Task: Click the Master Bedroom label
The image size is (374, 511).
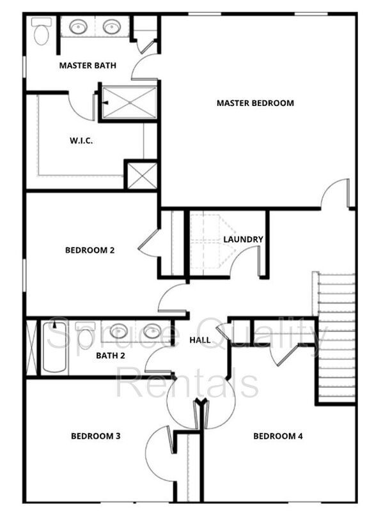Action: (x=255, y=103)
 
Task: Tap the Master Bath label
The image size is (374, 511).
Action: (x=88, y=66)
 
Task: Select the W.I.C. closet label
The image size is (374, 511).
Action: (x=81, y=141)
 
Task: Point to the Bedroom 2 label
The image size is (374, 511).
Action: (x=90, y=250)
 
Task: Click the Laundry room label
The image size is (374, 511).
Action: (x=243, y=239)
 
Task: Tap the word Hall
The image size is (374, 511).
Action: (x=200, y=340)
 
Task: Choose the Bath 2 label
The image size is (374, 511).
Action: (x=111, y=356)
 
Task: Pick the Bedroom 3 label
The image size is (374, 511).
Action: (x=96, y=436)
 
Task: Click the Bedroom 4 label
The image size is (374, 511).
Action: (x=278, y=436)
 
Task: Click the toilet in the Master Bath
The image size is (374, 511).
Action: (x=42, y=31)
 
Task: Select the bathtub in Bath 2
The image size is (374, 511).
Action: (x=54, y=346)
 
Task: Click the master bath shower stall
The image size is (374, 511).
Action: (x=129, y=102)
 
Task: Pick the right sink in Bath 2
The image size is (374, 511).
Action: (x=152, y=332)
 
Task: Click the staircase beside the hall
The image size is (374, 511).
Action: (x=334, y=338)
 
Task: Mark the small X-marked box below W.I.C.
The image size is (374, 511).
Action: (x=142, y=176)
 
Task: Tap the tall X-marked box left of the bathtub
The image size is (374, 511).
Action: (x=32, y=347)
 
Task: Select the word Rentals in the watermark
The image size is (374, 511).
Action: (x=187, y=381)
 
